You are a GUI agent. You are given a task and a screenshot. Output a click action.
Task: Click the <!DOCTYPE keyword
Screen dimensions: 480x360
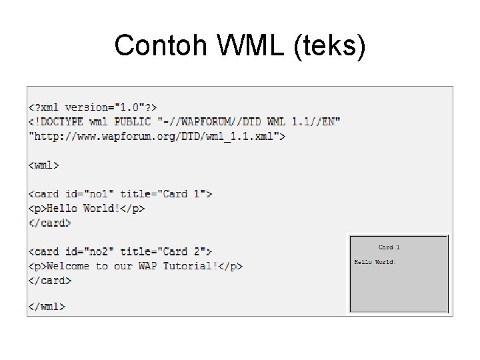pyautogui.click(x=60, y=121)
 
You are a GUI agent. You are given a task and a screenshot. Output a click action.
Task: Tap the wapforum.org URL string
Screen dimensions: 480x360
pyautogui.click(x=157, y=136)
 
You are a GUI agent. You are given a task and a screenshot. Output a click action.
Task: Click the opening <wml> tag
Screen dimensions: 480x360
pyautogui.click(x=44, y=165)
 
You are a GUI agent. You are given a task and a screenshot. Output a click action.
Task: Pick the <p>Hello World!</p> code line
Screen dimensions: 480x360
pyautogui.click(x=87, y=208)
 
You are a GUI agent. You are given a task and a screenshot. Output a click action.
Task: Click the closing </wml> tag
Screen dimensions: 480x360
pyautogui.click(x=47, y=307)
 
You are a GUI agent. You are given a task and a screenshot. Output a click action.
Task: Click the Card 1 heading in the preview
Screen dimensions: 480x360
pyautogui.click(x=389, y=247)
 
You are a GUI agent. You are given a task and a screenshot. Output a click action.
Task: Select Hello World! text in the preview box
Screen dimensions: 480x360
pyautogui.click(x=375, y=262)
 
